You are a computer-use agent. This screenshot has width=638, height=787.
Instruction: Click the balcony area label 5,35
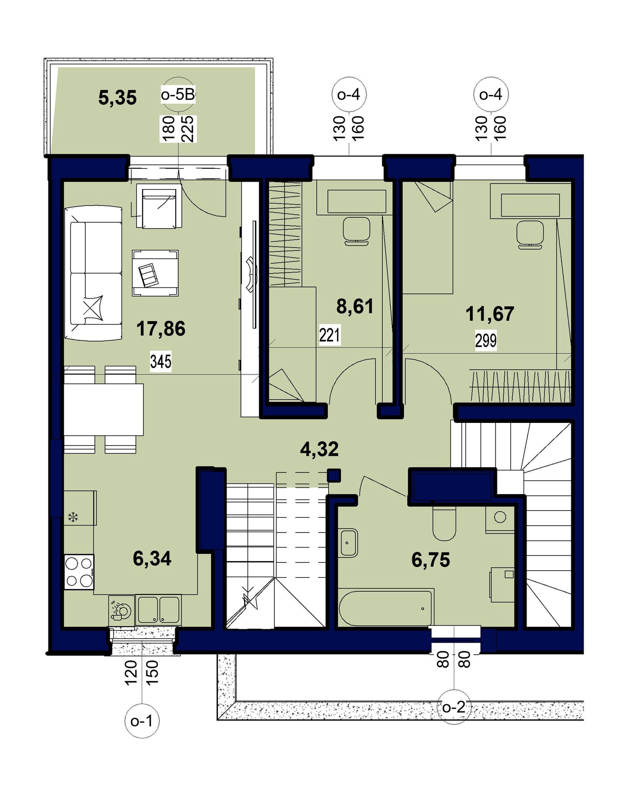(117, 98)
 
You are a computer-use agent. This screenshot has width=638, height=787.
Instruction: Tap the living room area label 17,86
(160, 328)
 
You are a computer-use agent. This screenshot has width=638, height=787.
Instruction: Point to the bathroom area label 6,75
(431, 560)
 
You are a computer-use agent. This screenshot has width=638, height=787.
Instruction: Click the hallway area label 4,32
(319, 449)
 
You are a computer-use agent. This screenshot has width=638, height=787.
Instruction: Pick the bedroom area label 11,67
(490, 314)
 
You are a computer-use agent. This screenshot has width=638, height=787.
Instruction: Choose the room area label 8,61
(355, 306)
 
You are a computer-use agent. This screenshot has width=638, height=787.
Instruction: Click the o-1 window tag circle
(141, 722)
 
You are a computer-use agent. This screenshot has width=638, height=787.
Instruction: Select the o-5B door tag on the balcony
(178, 95)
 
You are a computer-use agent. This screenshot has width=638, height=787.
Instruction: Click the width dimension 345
(160, 362)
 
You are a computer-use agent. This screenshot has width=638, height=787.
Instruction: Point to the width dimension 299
(486, 341)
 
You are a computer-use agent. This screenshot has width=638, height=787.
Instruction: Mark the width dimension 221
(329, 335)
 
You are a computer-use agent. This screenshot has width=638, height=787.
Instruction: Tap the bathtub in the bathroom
(386, 608)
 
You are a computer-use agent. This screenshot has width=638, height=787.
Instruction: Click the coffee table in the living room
(155, 273)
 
